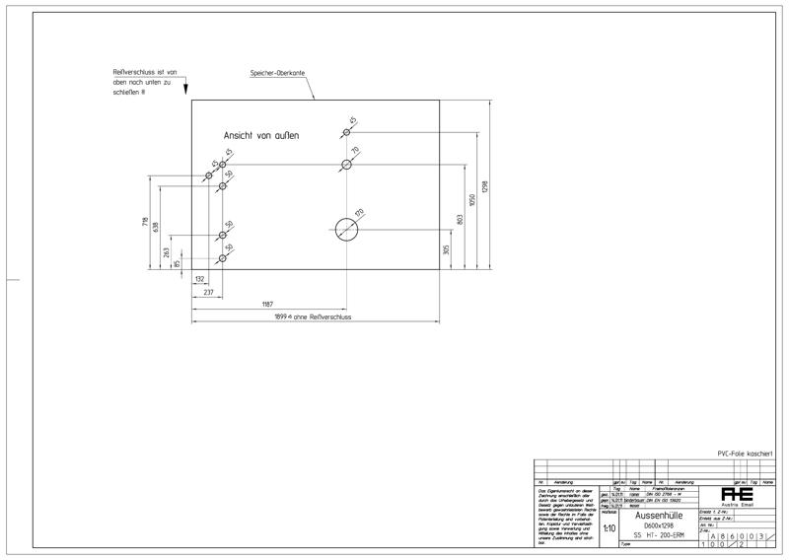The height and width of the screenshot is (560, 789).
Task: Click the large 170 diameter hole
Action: pos(346,230)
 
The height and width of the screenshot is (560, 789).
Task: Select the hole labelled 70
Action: pos(346,164)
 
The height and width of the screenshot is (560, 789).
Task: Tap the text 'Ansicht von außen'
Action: pos(260,135)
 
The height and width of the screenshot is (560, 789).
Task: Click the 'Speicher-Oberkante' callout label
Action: pos(279,75)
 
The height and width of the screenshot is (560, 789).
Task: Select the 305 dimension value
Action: pos(447,250)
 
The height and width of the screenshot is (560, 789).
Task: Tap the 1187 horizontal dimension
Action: pos(268,305)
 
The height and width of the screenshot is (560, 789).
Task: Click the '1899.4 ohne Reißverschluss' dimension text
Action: pos(314,317)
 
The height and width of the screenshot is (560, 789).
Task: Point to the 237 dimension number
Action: pos(208,293)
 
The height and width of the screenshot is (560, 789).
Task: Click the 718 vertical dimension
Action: pos(145,221)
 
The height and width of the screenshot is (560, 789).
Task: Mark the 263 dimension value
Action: pos(165,251)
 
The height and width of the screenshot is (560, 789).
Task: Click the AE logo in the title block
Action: pos(737,494)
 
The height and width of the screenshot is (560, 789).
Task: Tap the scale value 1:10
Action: pos(609,528)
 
